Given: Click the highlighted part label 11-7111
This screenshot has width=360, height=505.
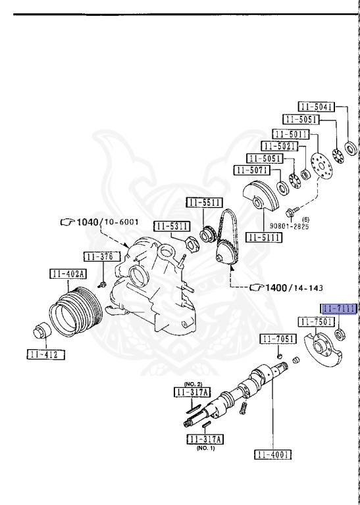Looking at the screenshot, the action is coord(340,309).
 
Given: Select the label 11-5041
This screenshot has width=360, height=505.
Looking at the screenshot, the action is coord(316,107).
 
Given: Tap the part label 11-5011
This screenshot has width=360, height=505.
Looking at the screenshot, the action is coord(291,134).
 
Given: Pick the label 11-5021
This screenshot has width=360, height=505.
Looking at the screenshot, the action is coord(280,146).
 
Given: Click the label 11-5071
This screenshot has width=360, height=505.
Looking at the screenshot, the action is coord(251,170).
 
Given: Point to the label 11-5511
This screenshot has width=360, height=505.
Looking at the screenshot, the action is coord(204,203).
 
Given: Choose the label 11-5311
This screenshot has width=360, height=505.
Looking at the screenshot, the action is coord(172,226).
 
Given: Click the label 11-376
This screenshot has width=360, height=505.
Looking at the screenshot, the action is coord(102,256).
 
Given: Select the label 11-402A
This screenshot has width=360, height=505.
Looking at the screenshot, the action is coord(68,274).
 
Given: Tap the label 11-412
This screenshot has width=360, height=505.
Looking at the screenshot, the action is coord(46,354).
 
